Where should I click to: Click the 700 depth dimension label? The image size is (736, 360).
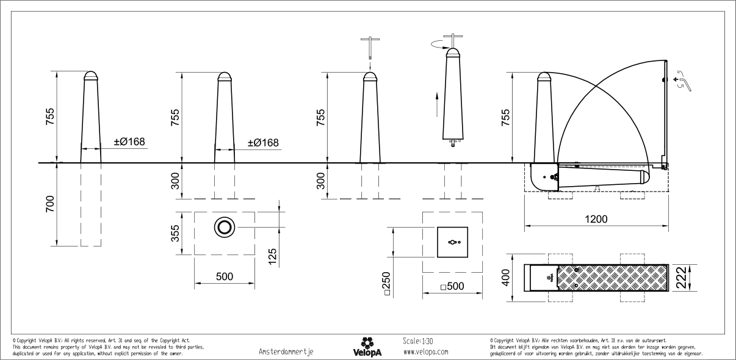point(50,204)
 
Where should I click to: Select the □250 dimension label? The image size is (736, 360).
point(386,283)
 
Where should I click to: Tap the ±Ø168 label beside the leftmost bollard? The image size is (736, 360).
point(129,142)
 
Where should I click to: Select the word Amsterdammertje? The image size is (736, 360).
point(286,352)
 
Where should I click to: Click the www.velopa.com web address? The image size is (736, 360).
point(426,352)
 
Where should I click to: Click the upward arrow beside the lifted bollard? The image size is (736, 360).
point(436,105)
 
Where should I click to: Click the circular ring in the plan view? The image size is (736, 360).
point(224,228)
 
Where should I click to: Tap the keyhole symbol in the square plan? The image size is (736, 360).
point(452,242)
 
